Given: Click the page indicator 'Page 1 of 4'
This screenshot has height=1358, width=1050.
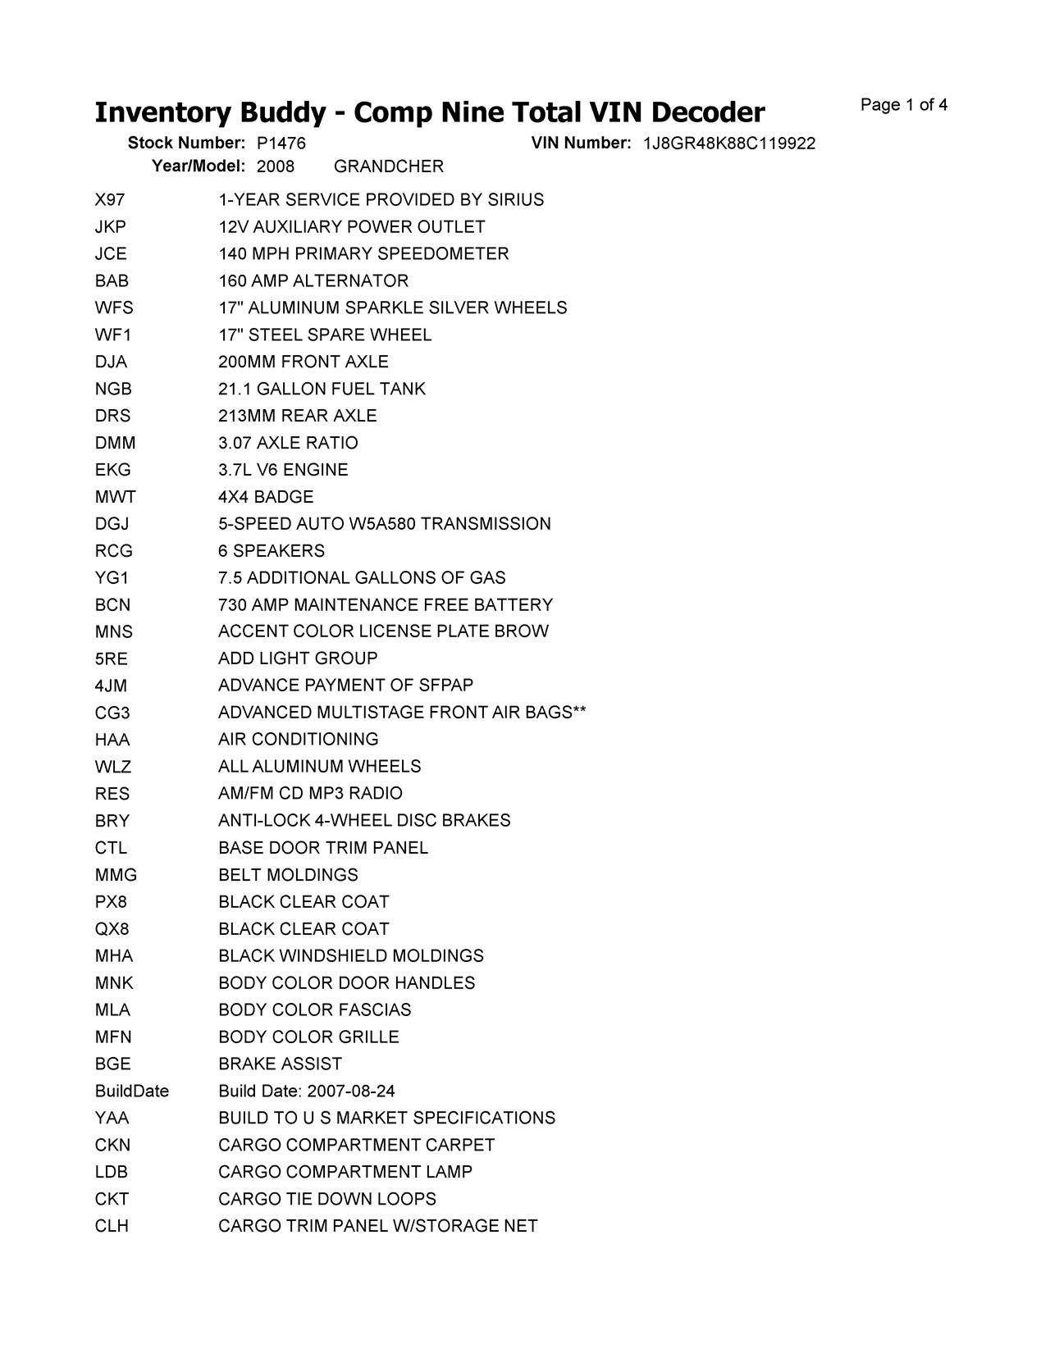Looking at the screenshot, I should [x=903, y=105].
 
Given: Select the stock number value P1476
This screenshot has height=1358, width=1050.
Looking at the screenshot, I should [x=281, y=144].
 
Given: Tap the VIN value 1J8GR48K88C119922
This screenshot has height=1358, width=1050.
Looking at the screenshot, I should [x=728, y=144].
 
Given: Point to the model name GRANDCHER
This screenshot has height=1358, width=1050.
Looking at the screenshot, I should [x=388, y=166].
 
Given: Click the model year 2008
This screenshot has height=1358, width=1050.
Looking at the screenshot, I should [x=275, y=166].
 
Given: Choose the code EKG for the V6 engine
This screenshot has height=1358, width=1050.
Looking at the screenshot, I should [x=112, y=470].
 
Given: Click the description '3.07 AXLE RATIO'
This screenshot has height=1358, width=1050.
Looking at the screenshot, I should [x=288, y=443].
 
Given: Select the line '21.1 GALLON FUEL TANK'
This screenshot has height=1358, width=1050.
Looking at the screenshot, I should [x=322, y=389].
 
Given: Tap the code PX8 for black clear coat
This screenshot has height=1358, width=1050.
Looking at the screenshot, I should [x=111, y=902].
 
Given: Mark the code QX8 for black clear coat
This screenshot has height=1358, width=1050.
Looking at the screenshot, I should [x=112, y=929].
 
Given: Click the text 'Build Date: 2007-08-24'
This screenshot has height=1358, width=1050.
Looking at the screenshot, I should [x=306, y=1091].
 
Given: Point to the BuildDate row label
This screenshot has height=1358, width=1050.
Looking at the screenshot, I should [x=131, y=1091].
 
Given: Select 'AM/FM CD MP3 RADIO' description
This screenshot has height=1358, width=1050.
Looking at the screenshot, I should [x=310, y=793].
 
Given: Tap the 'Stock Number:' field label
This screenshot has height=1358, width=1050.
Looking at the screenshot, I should [x=186, y=144].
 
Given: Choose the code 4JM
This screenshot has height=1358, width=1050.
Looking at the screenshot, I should [x=111, y=686].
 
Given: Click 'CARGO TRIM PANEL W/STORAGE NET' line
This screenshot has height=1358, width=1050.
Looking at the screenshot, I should [x=377, y=1226].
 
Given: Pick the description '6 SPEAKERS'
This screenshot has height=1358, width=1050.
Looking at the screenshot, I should [x=271, y=551].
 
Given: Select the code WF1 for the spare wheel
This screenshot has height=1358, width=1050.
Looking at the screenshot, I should [x=112, y=335].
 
